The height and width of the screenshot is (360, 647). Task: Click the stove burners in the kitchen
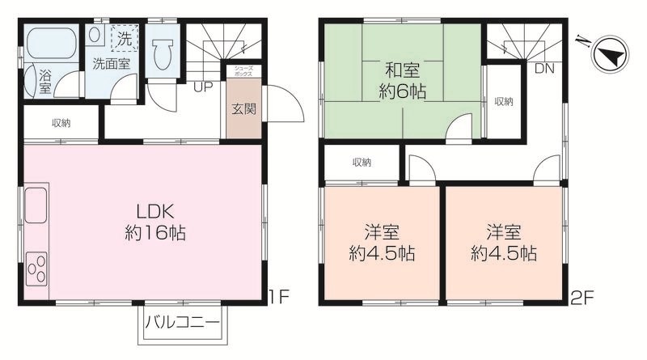coord(36,267)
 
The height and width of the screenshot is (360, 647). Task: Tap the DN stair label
coord(544,69)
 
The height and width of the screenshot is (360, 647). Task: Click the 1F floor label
coord(278,297)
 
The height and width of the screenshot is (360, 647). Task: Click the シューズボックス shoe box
coord(244,71)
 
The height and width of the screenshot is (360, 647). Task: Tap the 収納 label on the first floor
coord(61,124)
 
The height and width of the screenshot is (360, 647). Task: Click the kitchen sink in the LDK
coord(36,206)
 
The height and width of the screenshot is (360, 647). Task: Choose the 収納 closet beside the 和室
coord(503,101)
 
